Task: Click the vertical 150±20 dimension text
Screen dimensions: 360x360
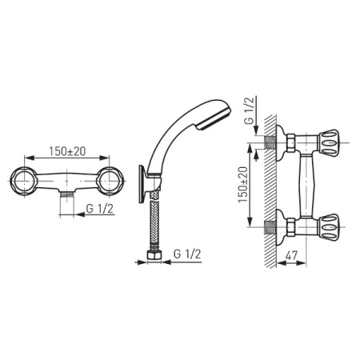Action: click(244, 186)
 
